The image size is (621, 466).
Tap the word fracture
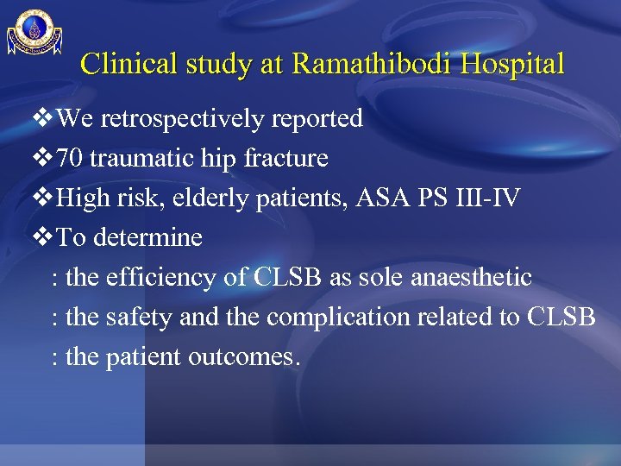pos(287,159)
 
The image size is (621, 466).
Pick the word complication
pos(331,318)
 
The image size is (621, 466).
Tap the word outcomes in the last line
pos(246,357)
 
